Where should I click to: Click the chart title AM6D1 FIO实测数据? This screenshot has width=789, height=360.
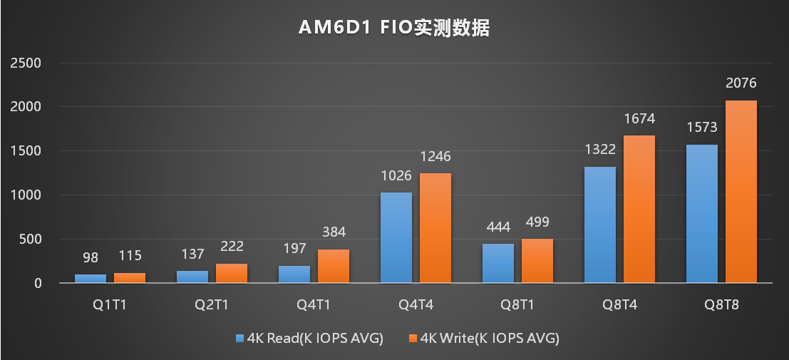coord(394,29)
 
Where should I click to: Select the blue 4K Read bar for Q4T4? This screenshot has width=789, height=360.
coord(396,237)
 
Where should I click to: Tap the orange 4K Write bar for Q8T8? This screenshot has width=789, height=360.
coord(741,192)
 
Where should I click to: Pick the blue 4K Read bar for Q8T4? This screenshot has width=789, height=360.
coord(600,225)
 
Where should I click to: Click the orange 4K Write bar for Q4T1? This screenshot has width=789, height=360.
coord(334,266)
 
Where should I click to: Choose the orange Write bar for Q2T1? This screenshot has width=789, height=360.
coord(232,273)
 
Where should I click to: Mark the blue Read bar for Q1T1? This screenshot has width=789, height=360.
coord(91,279)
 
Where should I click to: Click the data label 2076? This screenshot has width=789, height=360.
coord(741,84)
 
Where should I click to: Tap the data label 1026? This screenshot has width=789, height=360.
coord(396,176)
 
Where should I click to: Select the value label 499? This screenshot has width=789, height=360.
coord(537,222)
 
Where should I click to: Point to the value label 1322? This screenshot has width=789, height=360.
coord(600,150)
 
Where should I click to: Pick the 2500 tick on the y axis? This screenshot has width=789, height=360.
coord(28,63)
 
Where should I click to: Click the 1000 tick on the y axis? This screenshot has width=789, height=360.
coord(28,195)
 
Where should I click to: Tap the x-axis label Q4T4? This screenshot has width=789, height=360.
coord(416,305)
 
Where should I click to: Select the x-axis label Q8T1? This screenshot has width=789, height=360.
coord(517,305)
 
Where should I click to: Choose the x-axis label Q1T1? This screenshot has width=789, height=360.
coord(110,305)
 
